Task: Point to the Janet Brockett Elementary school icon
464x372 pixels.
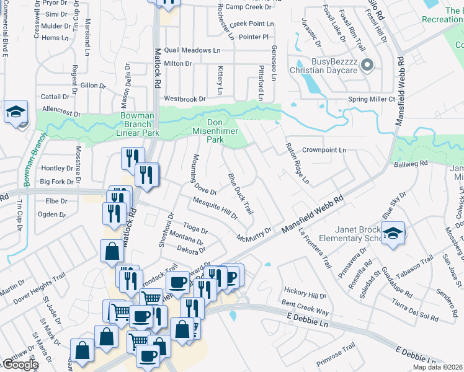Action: pyautogui.click(x=393, y=234)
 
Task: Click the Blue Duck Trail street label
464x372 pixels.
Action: pyautogui.click(x=240, y=194)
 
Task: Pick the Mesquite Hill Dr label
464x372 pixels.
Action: pyautogui.click(x=215, y=208)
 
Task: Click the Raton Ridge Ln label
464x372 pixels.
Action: pyautogui.click(x=297, y=164)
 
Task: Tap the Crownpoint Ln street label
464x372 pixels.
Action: pyautogui.click(x=324, y=150)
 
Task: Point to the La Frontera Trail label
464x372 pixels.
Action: pyautogui.click(x=315, y=248)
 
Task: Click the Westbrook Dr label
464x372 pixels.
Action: pyautogui.click(x=184, y=99)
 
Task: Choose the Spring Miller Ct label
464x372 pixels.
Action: pyautogui.click(x=372, y=99)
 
